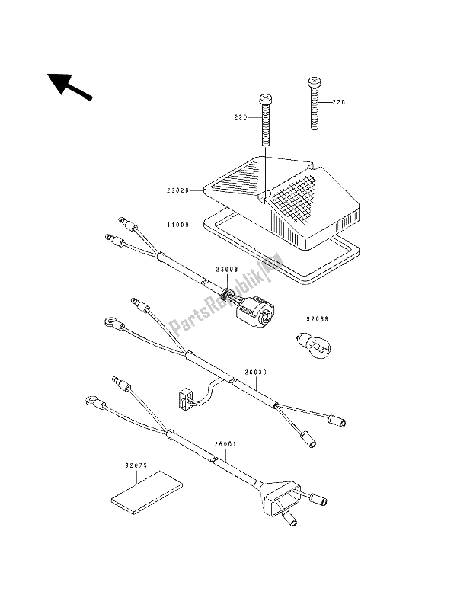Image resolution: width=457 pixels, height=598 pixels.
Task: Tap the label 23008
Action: [227, 269]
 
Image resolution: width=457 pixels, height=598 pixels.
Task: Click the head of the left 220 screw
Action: [267, 99]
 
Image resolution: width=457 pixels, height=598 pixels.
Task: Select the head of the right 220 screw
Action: [314, 80]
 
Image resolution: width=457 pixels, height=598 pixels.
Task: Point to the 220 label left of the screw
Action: [241, 118]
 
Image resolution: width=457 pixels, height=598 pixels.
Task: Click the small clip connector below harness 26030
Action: [182, 396]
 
